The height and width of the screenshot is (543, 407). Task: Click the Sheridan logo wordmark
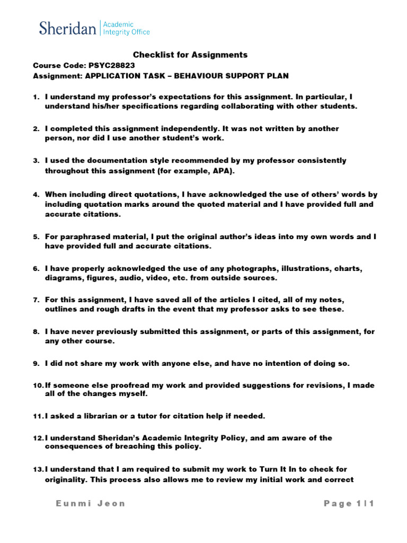[x=67, y=28]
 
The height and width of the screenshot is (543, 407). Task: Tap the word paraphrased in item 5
[x=81, y=237]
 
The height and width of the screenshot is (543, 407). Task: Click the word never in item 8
[x=83, y=332]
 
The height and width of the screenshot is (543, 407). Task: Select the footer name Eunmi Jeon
[x=91, y=504]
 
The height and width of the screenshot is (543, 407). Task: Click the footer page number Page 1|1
[x=349, y=504]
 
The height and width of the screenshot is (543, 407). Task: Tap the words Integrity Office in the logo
[x=126, y=32]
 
